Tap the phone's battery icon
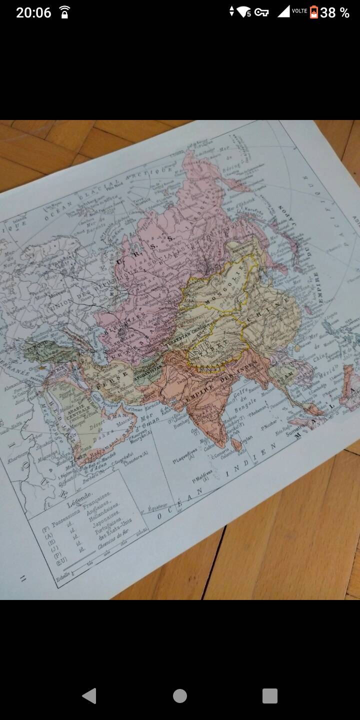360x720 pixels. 313,12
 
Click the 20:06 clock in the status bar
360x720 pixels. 33,12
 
